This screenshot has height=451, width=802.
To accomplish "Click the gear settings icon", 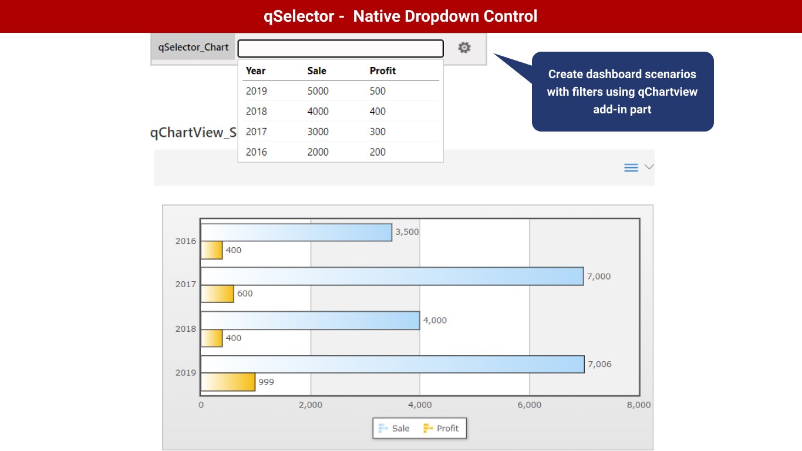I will pos(464,48).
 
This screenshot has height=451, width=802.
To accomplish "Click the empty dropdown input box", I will pos(340,48).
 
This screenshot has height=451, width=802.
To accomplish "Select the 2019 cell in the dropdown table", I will pos(256,91).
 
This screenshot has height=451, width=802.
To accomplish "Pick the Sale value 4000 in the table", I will pos(318,112).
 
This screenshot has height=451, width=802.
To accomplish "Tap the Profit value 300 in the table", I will pos(378,132).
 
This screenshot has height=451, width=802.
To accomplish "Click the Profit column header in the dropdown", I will pos(383,70).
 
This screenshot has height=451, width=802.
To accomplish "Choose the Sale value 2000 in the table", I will pos(318,152).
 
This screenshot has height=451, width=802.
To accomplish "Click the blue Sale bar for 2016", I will pos(296,232).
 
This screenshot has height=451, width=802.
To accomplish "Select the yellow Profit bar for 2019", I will pos(228,382).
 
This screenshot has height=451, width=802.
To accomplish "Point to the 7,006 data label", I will pos(599,364).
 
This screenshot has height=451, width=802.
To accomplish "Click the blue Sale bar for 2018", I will pos(310,320).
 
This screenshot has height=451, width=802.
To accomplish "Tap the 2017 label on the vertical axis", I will pos(186,284).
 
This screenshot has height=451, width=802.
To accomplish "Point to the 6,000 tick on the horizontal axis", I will pos(529,405).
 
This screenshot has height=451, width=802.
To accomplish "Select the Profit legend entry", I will pos(441,428).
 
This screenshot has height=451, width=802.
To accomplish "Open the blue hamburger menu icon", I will pos(631,168).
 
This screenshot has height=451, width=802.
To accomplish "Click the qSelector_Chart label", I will pos(193,48).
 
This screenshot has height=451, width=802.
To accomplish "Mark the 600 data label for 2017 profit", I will pos(245,294).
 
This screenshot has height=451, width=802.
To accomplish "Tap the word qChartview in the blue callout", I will pos(668,92).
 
